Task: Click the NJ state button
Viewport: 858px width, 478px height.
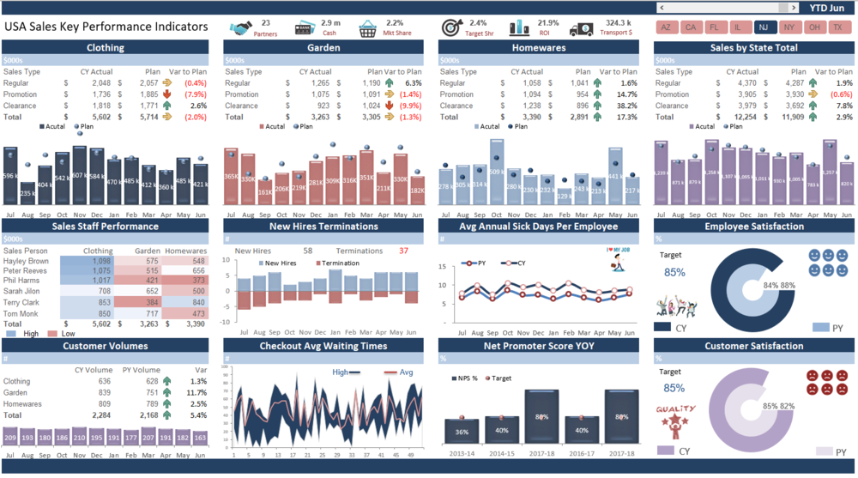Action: [764, 27]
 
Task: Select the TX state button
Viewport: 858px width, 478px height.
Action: [837, 27]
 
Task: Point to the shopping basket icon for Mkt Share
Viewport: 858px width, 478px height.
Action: [368, 28]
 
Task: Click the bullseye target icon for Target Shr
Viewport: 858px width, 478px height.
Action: [451, 28]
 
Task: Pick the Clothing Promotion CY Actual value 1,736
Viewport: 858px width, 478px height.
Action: [100, 94]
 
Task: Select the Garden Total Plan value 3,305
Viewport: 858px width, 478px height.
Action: [371, 117]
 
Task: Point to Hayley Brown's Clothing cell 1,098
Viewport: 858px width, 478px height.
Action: [101, 261]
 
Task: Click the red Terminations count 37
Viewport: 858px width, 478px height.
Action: [403, 251]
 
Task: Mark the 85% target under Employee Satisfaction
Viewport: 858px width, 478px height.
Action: [674, 273]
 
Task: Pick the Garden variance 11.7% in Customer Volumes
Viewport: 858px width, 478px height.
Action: [196, 392]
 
